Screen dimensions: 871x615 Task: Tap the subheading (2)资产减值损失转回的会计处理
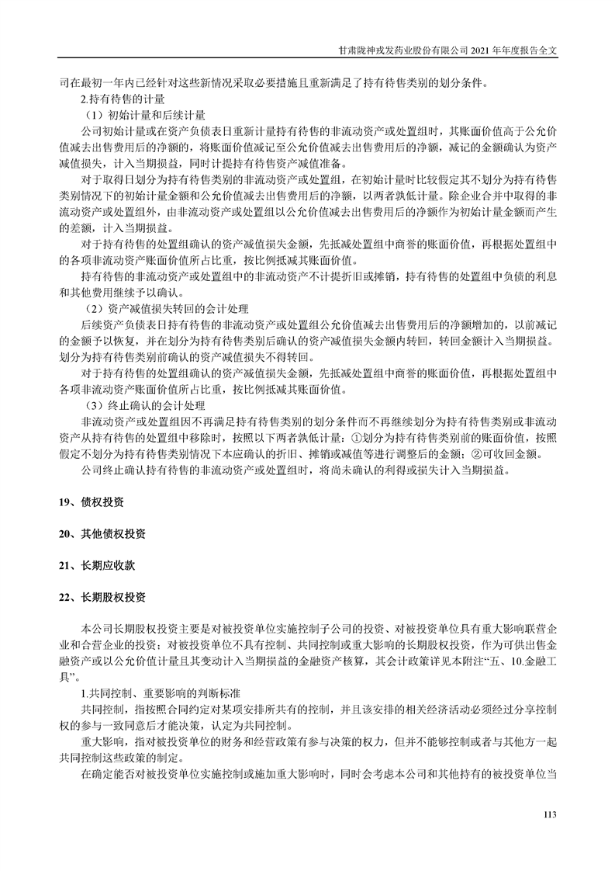coord(167,308)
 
